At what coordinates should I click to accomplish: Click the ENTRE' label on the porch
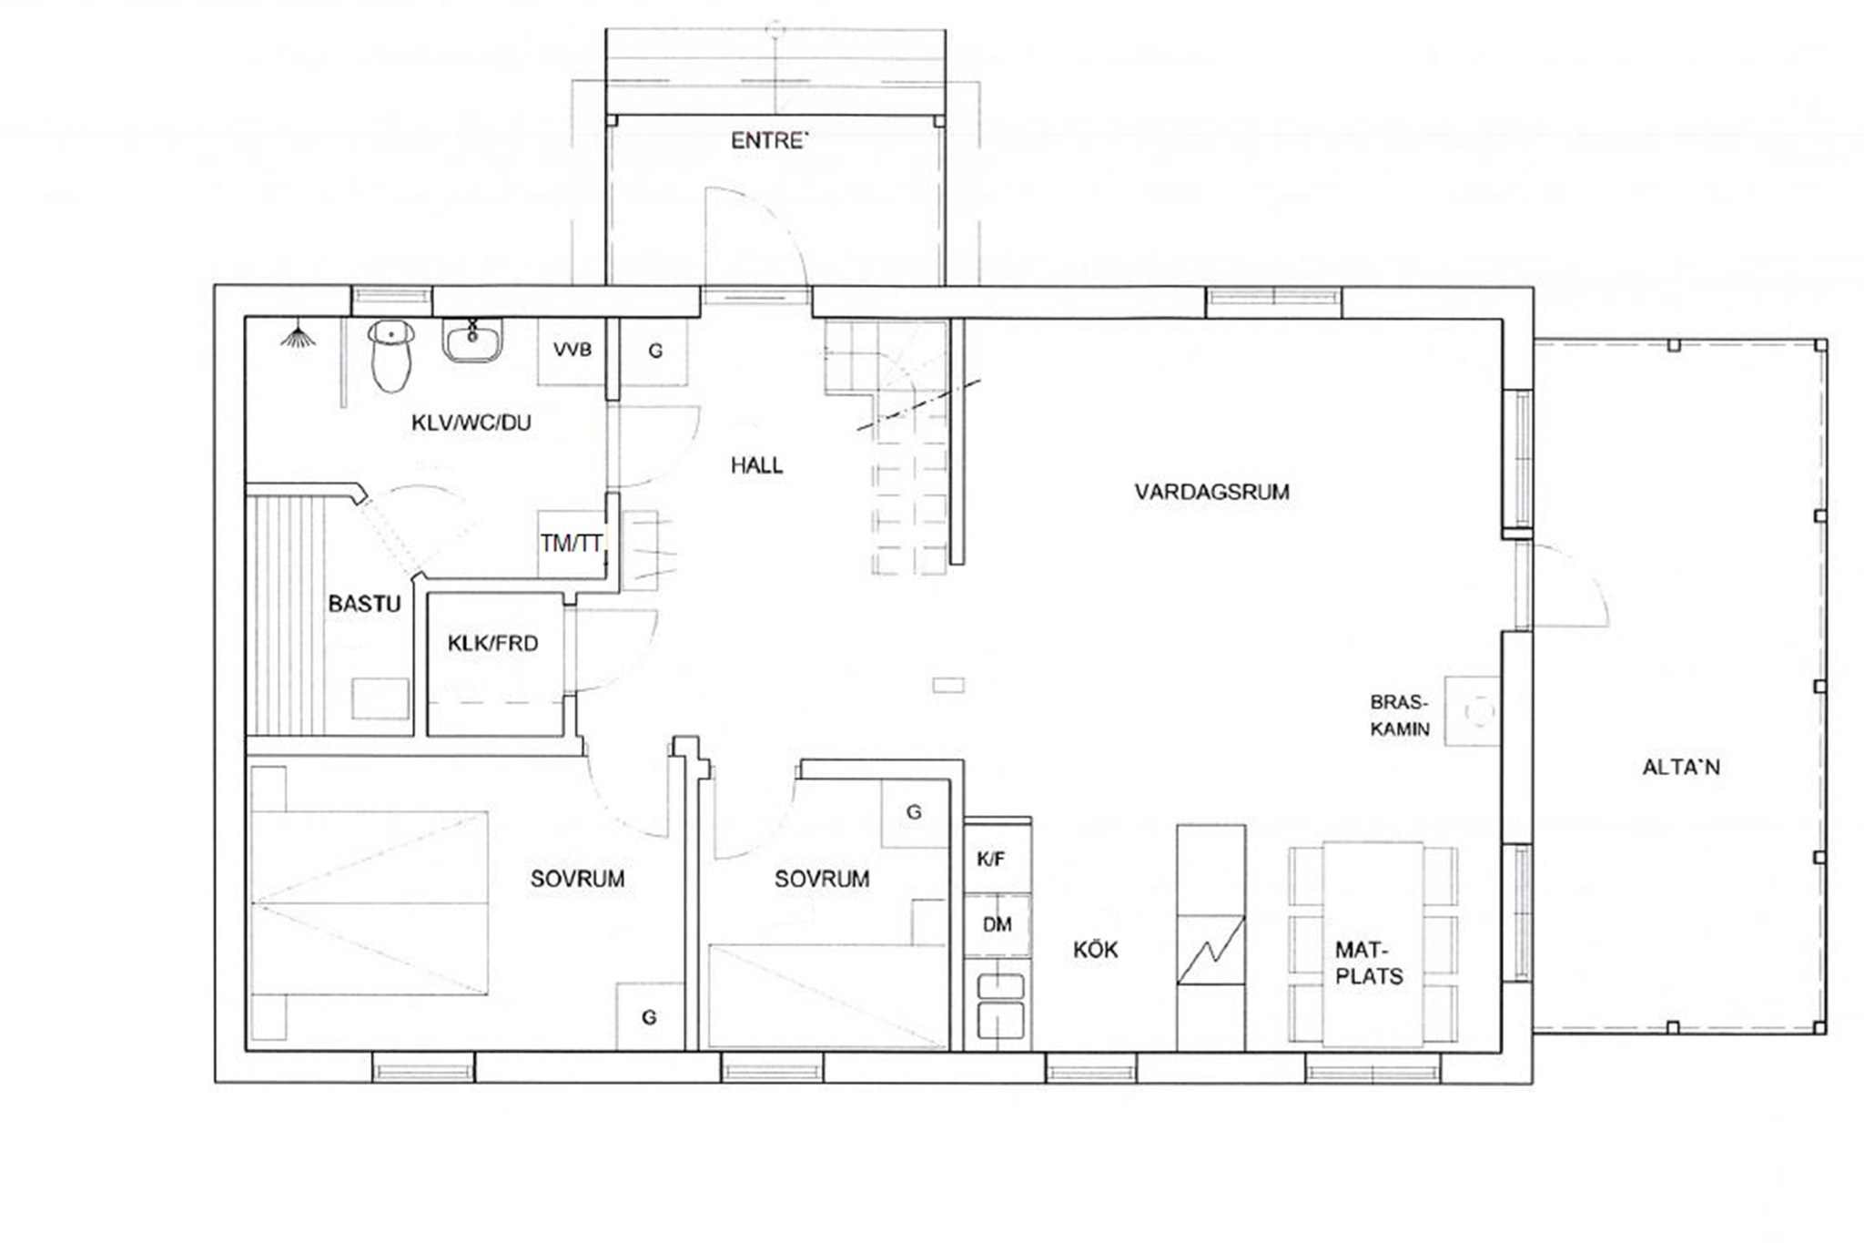coord(769,141)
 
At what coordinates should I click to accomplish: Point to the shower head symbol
coord(299,338)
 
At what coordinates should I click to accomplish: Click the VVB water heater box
coord(572,351)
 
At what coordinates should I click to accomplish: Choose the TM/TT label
coord(571,544)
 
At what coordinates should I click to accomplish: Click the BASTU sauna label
coord(364,604)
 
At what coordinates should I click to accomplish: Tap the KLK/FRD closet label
coord(492,644)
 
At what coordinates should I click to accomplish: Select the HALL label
coord(756,466)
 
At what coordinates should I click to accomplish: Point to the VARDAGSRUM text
coord(1211,493)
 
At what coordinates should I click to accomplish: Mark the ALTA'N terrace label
coord(1681,768)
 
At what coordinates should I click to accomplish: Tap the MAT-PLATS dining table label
coord(1368,963)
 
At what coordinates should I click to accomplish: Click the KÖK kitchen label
coord(1095,951)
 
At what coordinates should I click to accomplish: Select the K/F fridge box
coord(998,858)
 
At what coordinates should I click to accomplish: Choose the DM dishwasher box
coord(998,925)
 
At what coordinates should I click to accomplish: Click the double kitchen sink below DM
coord(1000,1006)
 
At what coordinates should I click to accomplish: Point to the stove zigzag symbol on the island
coord(1211,950)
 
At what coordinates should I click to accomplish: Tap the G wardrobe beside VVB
coord(654,352)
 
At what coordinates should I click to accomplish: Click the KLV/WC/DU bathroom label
coord(471,423)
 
